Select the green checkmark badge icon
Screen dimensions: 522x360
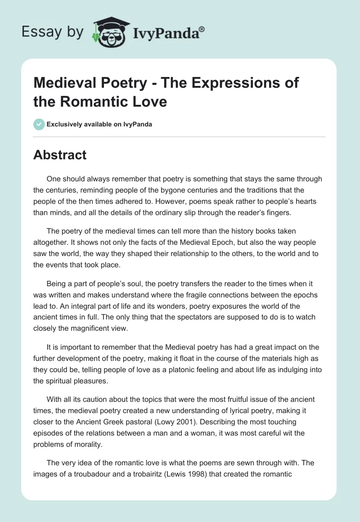pos(39,124)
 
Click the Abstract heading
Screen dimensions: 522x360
pos(60,155)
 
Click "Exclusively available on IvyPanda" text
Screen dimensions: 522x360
pos(99,124)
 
